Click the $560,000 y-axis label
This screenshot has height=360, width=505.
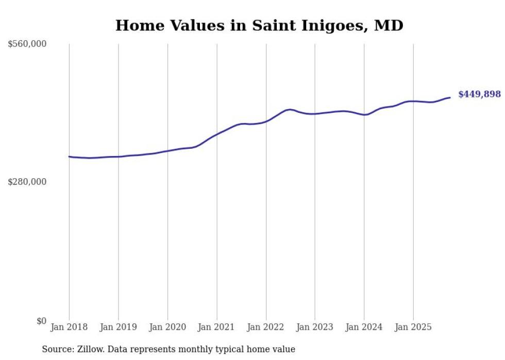click(x=27, y=44)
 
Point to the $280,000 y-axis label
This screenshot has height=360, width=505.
click(x=27, y=182)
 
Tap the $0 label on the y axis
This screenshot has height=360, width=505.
click(x=41, y=321)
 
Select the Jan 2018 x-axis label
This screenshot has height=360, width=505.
click(x=69, y=327)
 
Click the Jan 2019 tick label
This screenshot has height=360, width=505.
click(x=119, y=327)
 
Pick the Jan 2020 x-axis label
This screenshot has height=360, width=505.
click(x=167, y=327)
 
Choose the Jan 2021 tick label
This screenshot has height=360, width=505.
click(x=216, y=327)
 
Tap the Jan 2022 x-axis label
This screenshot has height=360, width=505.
click(x=266, y=327)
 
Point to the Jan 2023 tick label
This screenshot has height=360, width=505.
click(x=315, y=327)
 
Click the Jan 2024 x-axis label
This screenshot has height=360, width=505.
click(x=364, y=327)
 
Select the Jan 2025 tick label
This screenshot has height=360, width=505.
click(x=413, y=327)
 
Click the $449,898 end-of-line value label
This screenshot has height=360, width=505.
click(x=479, y=94)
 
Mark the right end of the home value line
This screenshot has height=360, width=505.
click(x=450, y=97)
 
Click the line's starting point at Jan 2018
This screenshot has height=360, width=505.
click(x=69, y=157)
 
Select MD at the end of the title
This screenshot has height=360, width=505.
click(x=389, y=25)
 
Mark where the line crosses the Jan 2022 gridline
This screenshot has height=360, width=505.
click(x=266, y=122)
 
